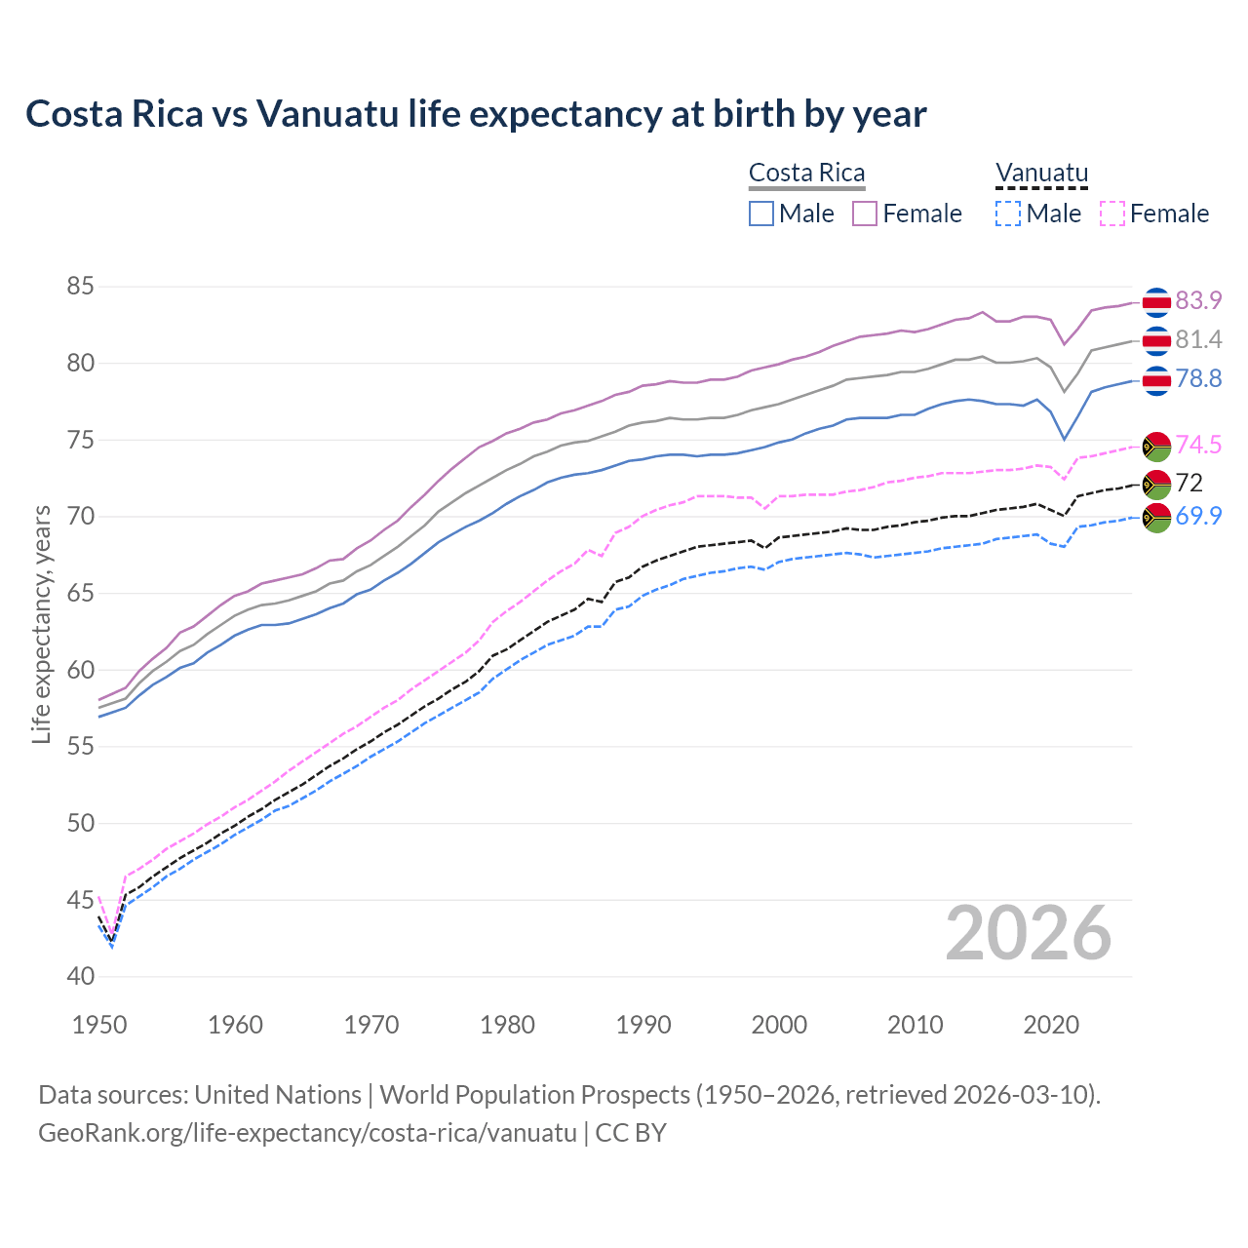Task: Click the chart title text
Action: (x=476, y=114)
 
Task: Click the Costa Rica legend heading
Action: (x=806, y=173)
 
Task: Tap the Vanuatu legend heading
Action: (x=1041, y=173)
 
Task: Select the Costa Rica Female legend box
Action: (x=865, y=214)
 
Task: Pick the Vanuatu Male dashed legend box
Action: (x=1008, y=214)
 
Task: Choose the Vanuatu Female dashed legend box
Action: (x=1112, y=214)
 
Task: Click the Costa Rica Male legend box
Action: (x=761, y=214)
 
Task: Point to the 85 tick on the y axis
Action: (x=80, y=287)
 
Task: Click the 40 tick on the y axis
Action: (x=80, y=976)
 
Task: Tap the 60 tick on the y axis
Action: (x=80, y=670)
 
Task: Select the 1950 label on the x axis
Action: (x=99, y=1025)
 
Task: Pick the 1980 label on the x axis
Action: (x=507, y=1025)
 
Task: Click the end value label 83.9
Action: (x=1198, y=300)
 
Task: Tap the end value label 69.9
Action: (x=1198, y=516)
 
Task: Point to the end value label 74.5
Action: (x=1198, y=445)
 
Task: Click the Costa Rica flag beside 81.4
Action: (x=1156, y=340)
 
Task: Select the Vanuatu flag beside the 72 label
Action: (x=1156, y=483)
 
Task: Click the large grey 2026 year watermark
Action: (x=1028, y=933)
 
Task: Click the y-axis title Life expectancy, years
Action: (x=41, y=624)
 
